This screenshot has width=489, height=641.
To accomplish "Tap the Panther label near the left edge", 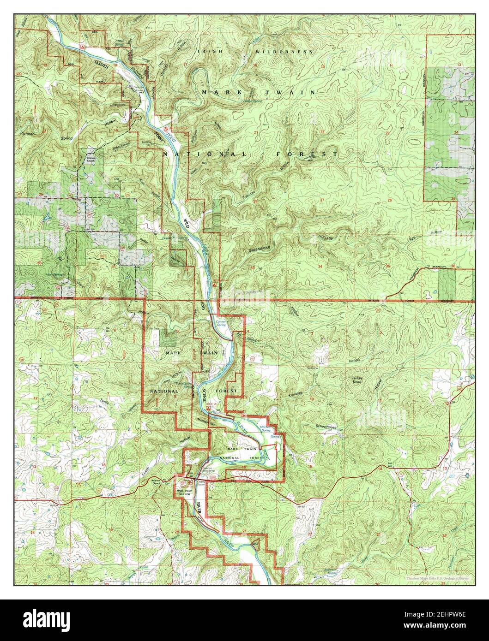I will click(28, 133).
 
